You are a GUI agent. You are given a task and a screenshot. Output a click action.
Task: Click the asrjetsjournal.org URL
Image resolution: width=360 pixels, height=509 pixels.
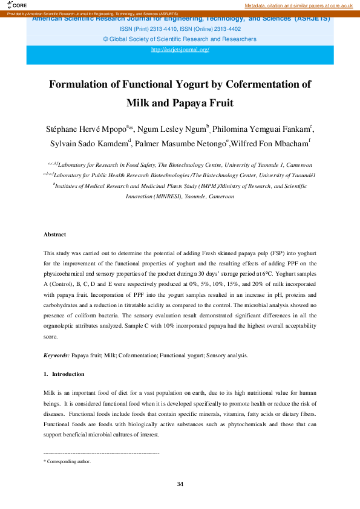[x=180, y=50]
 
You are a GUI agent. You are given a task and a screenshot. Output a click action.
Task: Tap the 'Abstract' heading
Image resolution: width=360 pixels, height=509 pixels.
[x=54, y=234]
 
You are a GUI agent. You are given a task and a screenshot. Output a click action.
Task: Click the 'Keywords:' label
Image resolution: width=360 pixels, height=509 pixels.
[x=56, y=355]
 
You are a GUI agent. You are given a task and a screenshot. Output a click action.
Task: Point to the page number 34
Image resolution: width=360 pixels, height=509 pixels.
[x=180, y=484]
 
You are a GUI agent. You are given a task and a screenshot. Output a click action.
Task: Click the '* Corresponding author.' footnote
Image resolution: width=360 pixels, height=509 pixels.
[x=67, y=461]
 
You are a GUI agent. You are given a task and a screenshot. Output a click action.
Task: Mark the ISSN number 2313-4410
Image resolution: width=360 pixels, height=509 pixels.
[x=156, y=28]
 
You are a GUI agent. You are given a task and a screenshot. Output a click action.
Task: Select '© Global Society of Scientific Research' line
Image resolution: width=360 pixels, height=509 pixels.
[x=180, y=39]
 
